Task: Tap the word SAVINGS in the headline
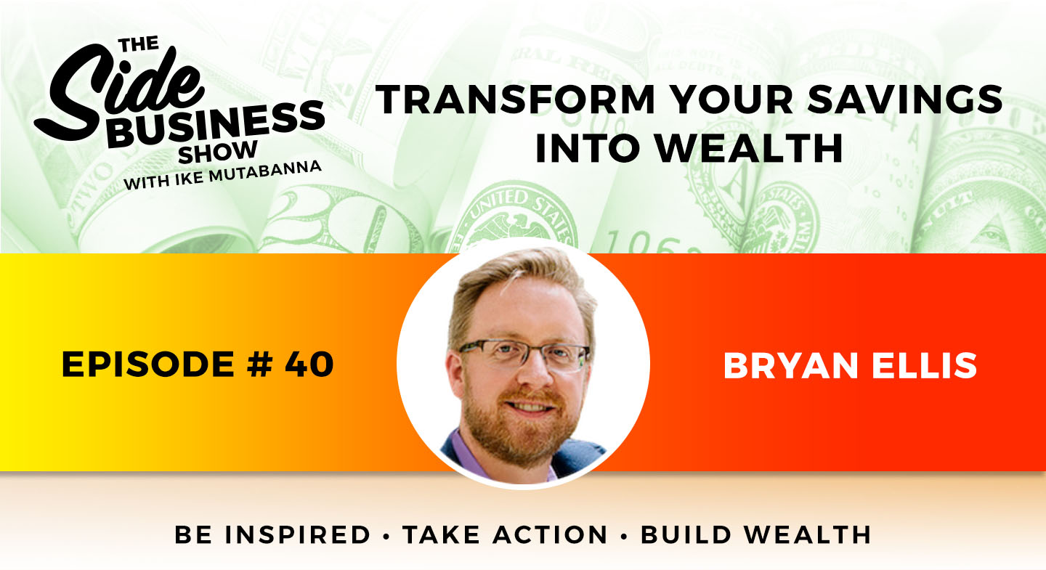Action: [x=905, y=99]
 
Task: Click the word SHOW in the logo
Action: [x=218, y=152]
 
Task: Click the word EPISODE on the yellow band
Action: [x=148, y=365]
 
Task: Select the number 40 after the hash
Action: [x=309, y=365]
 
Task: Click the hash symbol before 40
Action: [x=259, y=365]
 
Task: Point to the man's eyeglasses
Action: [x=524, y=355]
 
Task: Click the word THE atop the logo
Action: [x=139, y=45]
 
